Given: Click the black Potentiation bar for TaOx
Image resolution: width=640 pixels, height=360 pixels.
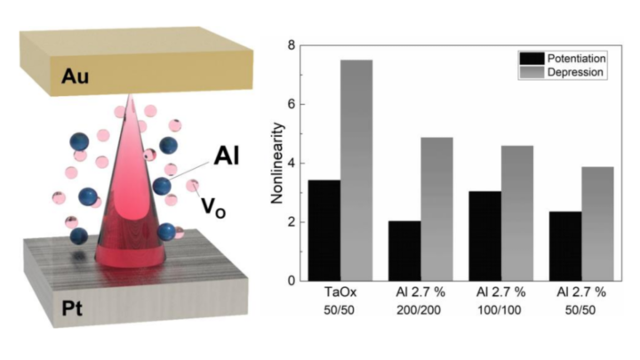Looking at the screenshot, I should point(324,230).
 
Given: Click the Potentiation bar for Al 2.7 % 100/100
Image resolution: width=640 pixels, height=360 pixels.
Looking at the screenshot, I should point(484,236).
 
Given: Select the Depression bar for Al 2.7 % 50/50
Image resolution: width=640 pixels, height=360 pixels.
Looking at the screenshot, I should point(597,223).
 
